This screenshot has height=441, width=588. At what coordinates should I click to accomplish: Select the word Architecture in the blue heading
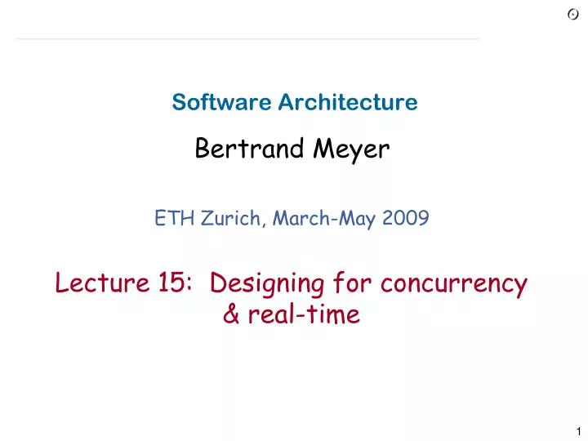click(x=348, y=102)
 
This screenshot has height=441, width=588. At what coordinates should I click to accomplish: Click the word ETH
click(x=169, y=218)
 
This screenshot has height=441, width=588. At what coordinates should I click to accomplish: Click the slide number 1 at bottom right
click(x=577, y=431)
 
